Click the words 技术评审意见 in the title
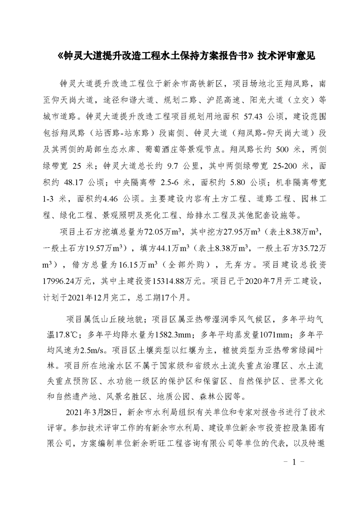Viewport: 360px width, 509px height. click(286, 56)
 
